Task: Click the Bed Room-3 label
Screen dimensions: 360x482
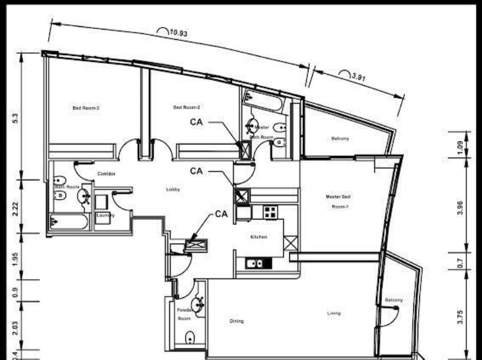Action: click(x=86, y=108)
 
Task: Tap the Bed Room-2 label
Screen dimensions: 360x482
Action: click(x=187, y=107)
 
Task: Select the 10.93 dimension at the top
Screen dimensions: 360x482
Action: click(x=178, y=33)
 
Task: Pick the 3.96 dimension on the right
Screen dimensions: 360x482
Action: click(x=460, y=207)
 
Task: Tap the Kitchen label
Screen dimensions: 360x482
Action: click(x=258, y=237)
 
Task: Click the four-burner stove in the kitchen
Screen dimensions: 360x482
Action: click(x=270, y=212)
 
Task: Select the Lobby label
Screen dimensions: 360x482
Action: click(x=174, y=189)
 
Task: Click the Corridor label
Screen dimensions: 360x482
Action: click(x=106, y=174)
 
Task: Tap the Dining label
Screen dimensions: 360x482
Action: click(x=237, y=321)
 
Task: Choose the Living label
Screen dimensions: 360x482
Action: click(x=334, y=313)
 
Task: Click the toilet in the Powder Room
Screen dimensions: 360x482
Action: click(x=190, y=338)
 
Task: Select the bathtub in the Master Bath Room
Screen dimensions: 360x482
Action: click(x=263, y=100)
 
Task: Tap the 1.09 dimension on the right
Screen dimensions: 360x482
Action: click(x=460, y=147)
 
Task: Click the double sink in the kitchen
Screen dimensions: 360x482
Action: click(x=255, y=263)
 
